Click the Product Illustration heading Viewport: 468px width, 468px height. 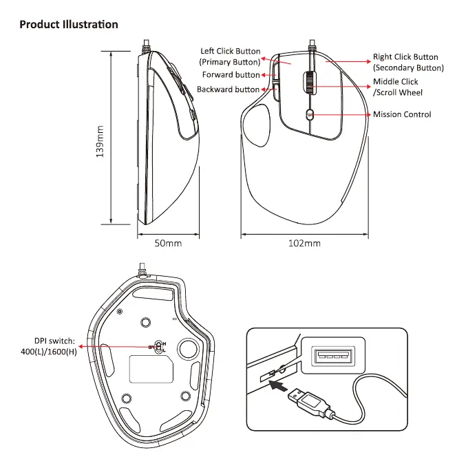click(x=69, y=25)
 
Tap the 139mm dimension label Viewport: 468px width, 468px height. click(x=100, y=142)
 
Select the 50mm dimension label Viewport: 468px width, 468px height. click(x=168, y=243)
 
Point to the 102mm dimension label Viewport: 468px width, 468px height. click(x=304, y=243)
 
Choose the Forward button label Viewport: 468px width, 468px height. click(x=231, y=74)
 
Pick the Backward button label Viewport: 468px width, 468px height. click(x=228, y=89)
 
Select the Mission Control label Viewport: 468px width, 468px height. click(x=402, y=114)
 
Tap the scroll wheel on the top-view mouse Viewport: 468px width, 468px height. click(x=310, y=83)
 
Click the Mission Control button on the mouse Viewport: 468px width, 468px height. click(x=310, y=114)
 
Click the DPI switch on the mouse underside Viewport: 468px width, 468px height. click(x=159, y=346)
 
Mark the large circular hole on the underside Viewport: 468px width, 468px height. click(x=187, y=348)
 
